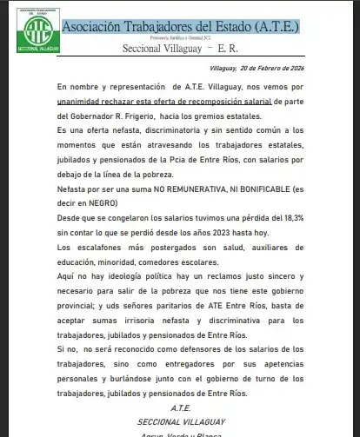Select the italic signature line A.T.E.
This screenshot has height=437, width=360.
180,406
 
